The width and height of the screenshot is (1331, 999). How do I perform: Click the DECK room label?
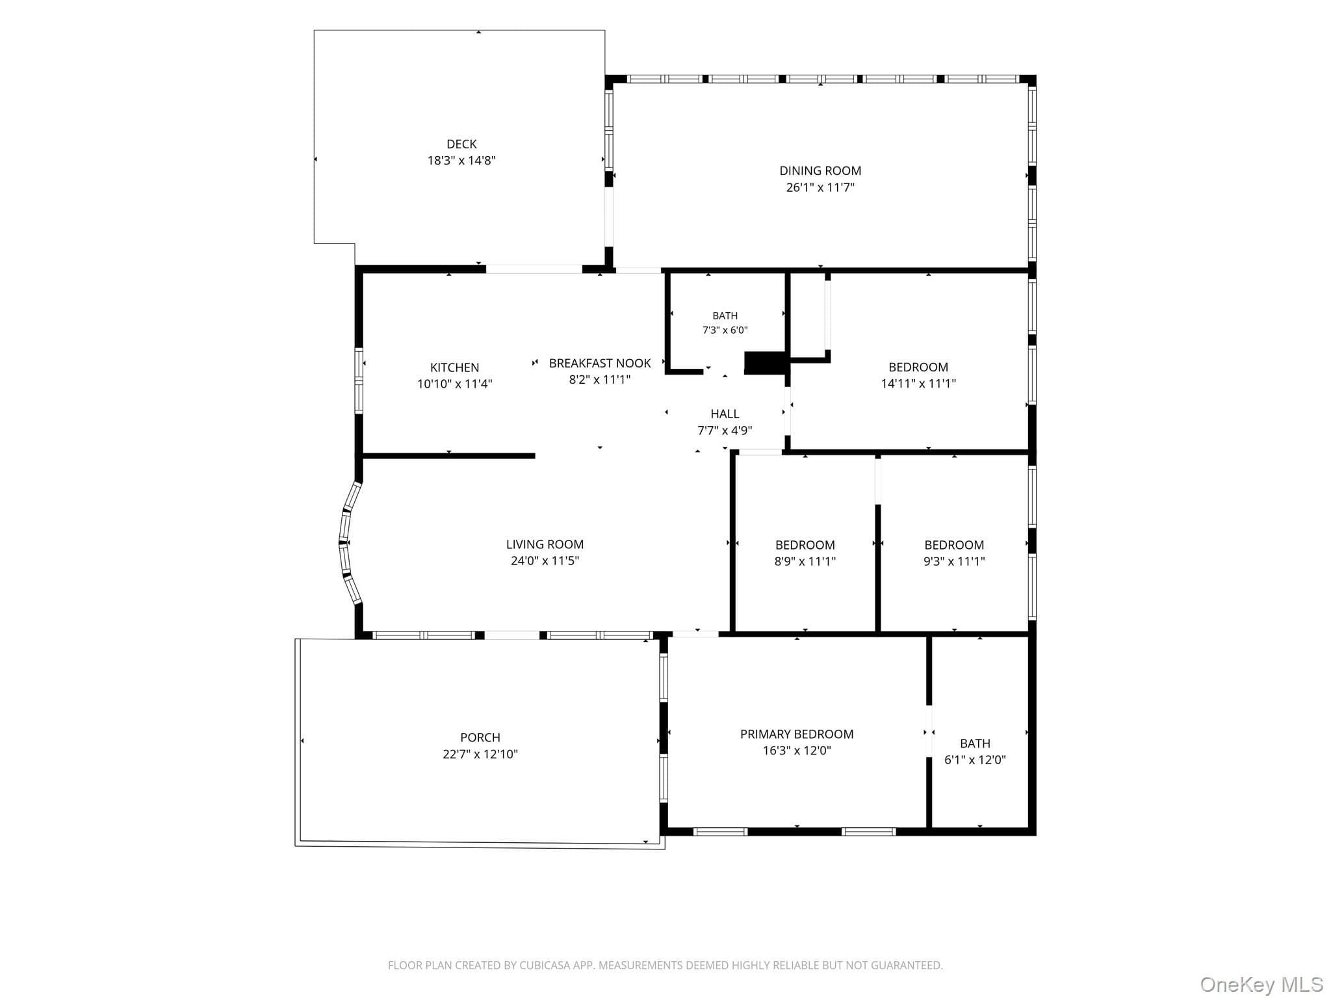click(x=461, y=144)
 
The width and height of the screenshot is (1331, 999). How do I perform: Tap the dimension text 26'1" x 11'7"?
click(x=820, y=187)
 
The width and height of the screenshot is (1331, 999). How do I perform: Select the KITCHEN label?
click(x=454, y=367)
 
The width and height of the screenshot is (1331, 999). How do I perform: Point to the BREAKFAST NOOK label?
click(x=600, y=363)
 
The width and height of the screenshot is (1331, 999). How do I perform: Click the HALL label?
click(x=725, y=414)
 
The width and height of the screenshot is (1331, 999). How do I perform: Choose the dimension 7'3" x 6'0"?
click(x=725, y=330)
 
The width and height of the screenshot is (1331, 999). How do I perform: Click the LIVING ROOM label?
click(x=545, y=544)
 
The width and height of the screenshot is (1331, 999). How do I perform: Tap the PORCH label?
click(x=480, y=738)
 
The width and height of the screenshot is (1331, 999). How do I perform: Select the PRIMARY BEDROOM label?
click(x=797, y=734)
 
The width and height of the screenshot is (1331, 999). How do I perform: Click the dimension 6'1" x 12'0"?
click(x=975, y=760)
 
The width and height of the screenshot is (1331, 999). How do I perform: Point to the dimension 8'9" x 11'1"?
click(x=805, y=561)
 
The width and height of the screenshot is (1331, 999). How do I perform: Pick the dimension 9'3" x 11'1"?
click(x=954, y=561)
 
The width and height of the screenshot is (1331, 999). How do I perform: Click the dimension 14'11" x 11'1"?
click(x=918, y=384)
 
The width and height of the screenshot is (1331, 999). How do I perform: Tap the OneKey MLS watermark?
click(x=1261, y=984)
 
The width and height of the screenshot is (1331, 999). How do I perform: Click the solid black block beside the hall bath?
click(x=766, y=363)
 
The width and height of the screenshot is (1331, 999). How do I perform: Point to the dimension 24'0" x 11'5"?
click(x=545, y=561)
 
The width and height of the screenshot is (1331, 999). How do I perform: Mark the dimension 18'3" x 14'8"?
click(x=461, y=161)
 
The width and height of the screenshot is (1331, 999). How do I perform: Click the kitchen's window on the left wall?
click(x=359, y=381)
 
